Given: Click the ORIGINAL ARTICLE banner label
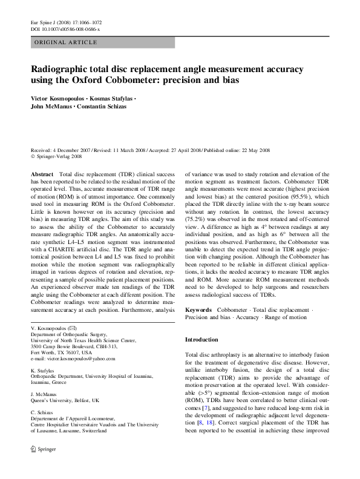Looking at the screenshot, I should tap(66, 42).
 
